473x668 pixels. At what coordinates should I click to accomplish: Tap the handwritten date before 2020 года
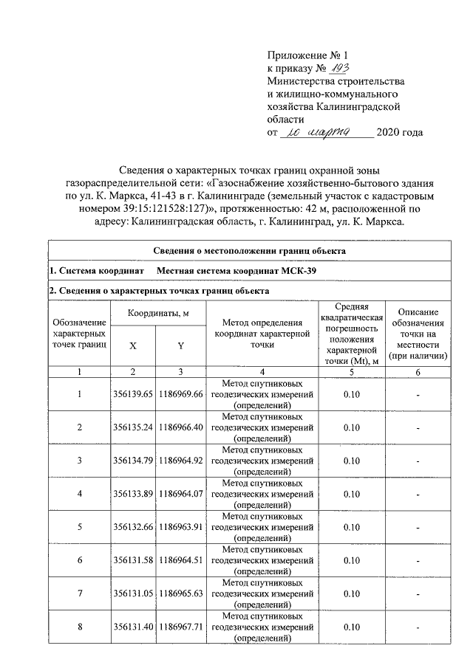[x=329, y=133]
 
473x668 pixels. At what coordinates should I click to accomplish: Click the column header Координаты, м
[x=157, y=313]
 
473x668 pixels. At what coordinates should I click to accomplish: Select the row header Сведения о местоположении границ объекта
[x=250, y=251]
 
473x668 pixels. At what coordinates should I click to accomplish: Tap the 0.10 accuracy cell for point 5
[x=352, y=527]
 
